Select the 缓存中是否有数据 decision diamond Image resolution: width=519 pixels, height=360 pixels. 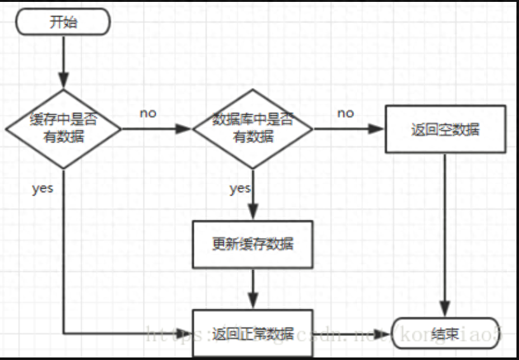pos(64,128)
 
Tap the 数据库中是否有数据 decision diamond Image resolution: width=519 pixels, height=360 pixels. pos(252,128)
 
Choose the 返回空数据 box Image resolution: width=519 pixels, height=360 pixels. pos(445,130)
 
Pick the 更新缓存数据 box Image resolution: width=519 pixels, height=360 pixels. pos(252,244)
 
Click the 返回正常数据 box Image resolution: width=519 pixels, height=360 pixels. pos(252,333)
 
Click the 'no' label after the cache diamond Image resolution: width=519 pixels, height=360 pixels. pos(148,114)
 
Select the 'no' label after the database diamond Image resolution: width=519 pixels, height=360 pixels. pos(345,113)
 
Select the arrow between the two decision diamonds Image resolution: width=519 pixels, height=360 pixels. pos(156,129)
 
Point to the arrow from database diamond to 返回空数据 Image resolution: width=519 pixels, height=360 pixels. pos(349,129)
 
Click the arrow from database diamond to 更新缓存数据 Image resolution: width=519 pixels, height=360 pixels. pos(253,194)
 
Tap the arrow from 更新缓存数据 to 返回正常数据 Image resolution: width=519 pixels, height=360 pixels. pos(253,288)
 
